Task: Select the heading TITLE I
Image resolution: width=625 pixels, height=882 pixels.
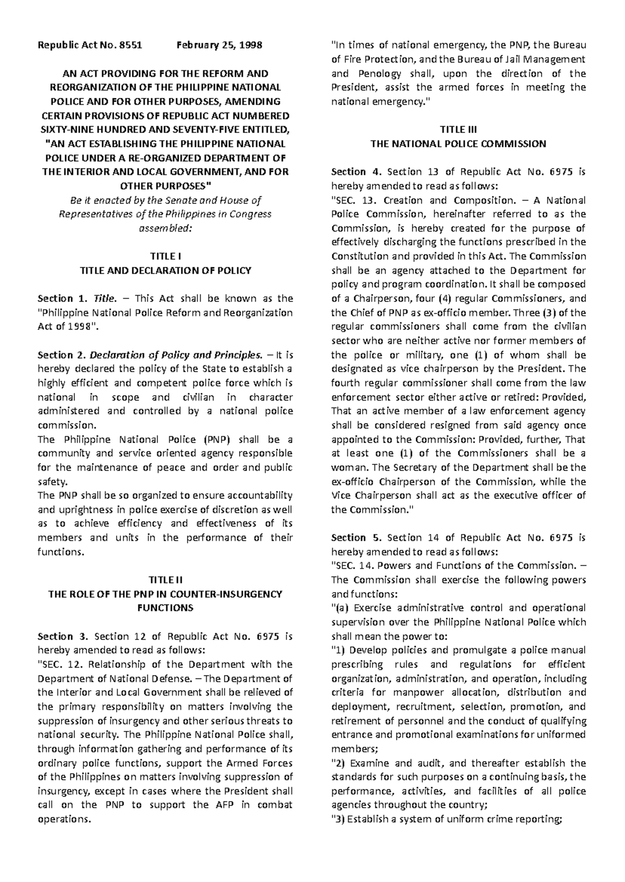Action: coord(165,256)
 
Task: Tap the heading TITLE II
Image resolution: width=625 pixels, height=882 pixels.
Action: coord(165,580)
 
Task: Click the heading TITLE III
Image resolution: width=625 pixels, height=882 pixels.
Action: coord(458,130)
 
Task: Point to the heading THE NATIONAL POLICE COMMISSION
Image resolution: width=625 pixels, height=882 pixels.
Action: coord(458,144)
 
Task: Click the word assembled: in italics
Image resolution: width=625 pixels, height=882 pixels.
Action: coord(165,228)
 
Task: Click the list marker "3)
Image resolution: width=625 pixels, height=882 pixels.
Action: coord(337,819)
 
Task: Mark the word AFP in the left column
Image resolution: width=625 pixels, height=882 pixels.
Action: coord(226,804)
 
